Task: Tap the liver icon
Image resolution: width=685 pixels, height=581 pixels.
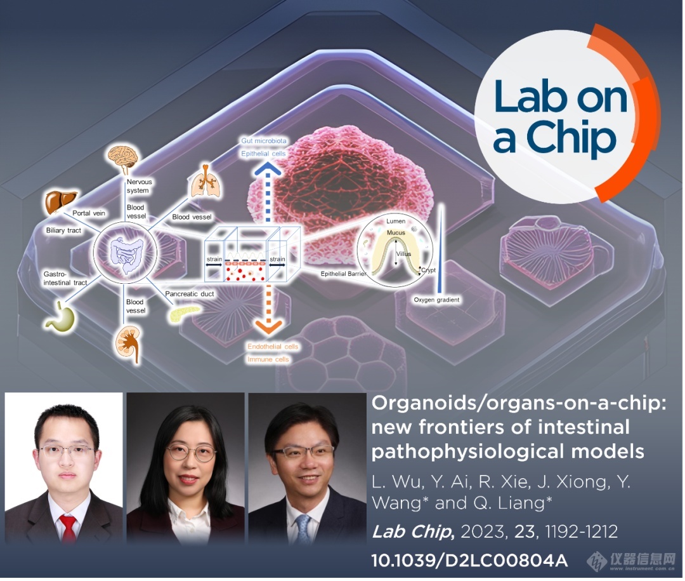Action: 61,202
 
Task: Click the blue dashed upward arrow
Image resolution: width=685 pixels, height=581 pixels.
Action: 268,192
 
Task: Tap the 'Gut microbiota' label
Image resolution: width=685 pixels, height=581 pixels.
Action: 264,141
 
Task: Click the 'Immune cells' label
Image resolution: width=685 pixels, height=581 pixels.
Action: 268,359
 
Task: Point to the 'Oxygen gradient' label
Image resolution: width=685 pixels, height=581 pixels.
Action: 436,300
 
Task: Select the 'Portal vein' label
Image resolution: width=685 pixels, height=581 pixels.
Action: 89,213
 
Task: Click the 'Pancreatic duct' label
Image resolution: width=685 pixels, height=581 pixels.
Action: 190,294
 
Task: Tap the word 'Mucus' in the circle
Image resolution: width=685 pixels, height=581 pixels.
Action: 396,233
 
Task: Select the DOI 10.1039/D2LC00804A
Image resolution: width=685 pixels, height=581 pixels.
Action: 469,561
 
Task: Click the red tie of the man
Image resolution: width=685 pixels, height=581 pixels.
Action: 68,528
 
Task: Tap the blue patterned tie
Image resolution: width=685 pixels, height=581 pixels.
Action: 303,530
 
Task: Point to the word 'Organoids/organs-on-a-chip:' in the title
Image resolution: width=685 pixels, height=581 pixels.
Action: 519,403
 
